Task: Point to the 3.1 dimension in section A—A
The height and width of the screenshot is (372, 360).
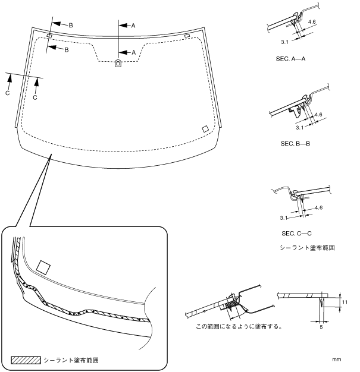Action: pyautogui.click(x=268, y=42)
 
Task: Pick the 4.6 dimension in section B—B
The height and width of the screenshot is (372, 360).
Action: pyautogui.click(x=318, y=114)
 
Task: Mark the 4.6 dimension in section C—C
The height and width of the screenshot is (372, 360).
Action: pyautogui.click(x=320, y=207)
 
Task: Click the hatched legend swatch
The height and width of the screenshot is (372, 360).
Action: pyautogui.click(x=26, y=360)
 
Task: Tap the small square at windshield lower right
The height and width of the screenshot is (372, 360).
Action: pyautogui.click(x=205, y=128)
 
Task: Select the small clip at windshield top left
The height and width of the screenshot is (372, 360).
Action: pyautogui.click(x=49, y=36)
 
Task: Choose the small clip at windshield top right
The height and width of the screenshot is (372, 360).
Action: pyautogui.click(x=187, y=36)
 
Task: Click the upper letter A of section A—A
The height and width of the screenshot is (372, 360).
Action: pyautogui.click(x=133, y=26)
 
